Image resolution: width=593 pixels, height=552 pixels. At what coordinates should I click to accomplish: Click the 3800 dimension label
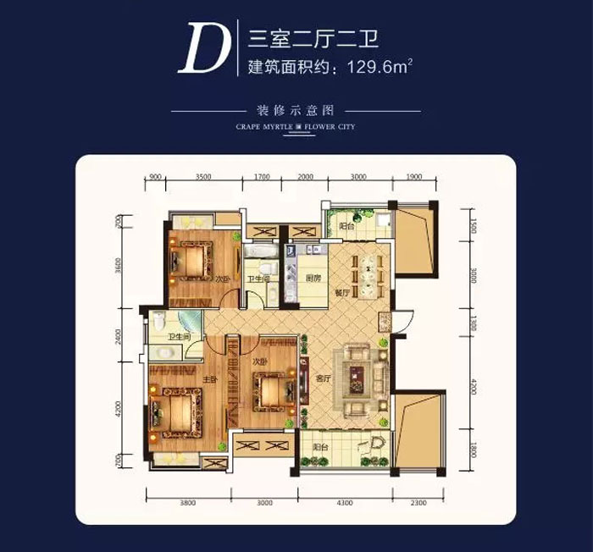tap(187, 504)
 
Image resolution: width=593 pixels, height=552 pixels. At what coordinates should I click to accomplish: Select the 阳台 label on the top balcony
tap(345, 227)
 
